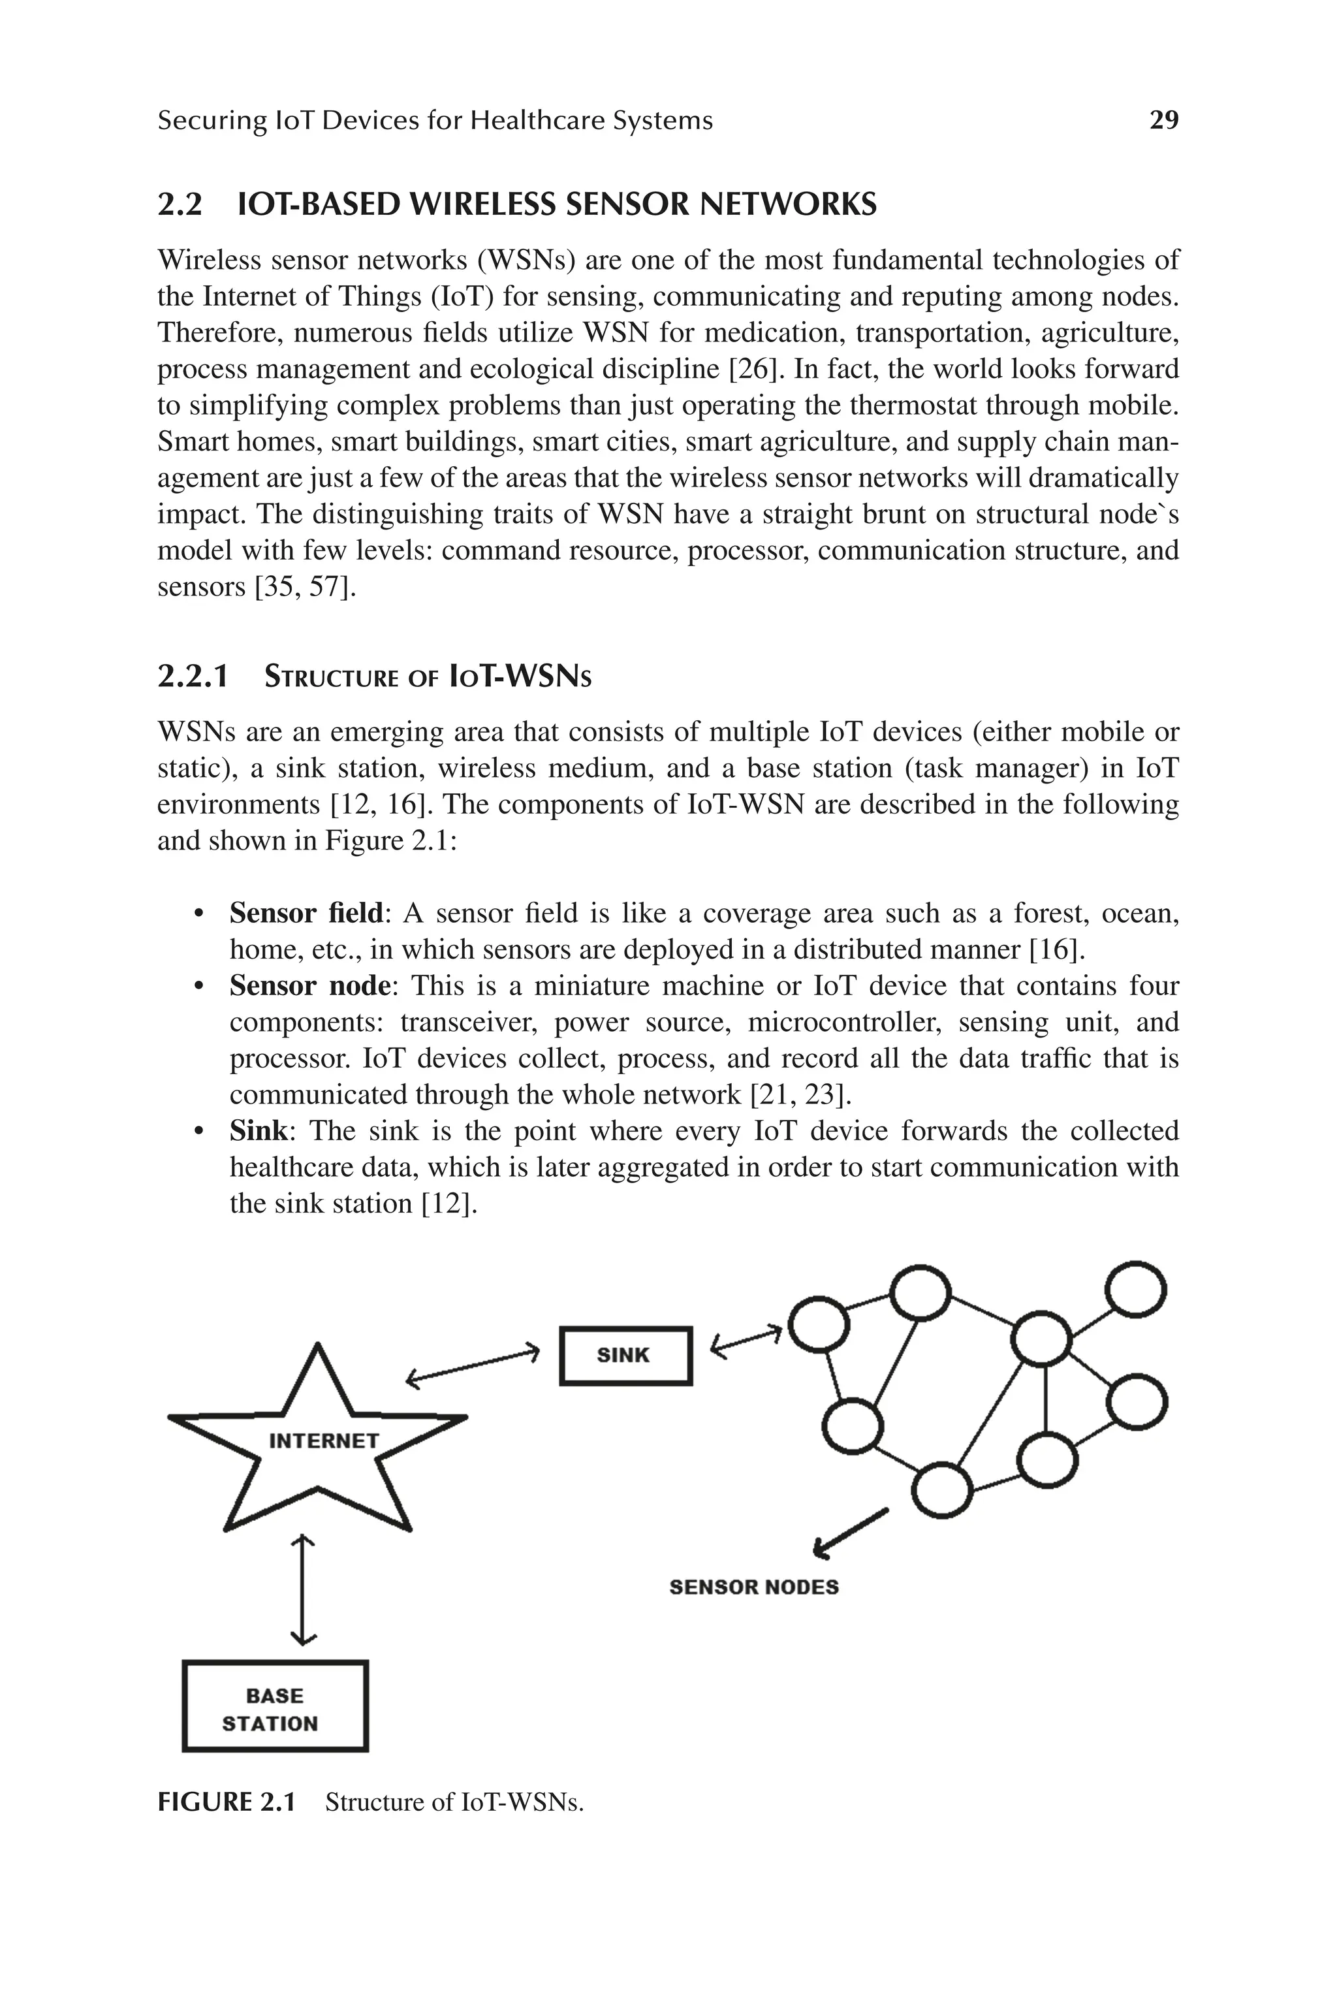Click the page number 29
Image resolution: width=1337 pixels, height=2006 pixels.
[x=1164, y=120]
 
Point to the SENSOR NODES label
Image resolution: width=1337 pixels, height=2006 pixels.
[x=754, y=1587]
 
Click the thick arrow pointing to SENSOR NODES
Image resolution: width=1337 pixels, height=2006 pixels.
[x=850, y=1533]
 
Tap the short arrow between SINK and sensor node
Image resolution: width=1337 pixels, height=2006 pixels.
[x=746, y=1340]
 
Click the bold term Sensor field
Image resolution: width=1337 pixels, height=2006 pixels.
[x=306, y=914]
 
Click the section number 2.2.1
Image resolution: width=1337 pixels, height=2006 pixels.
[x=193, y=677]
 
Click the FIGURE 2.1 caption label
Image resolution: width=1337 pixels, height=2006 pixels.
[x=226, y=1802]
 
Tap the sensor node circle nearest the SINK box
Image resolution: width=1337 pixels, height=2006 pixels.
[x=818, y=1324]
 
